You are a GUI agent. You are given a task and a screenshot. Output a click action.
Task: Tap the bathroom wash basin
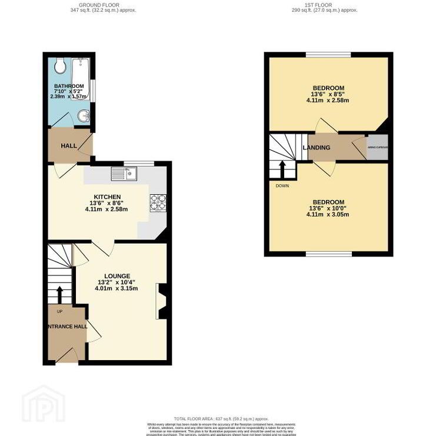pyautogui.click(x=84, y=115)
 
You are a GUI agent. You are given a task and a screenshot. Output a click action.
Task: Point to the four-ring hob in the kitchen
pyautogui.click(x=157, y=202)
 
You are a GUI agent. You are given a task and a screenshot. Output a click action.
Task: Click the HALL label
pyautogui.click(x=68, y=145)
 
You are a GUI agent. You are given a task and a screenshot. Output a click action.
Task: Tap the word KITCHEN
pyautogui.click(x=106, y=197)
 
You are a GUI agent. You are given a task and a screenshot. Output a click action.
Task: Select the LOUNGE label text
pyautogui.click(x=117, y=275)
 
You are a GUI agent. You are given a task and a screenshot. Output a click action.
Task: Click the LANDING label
pyautogui.click(x=317, y=147)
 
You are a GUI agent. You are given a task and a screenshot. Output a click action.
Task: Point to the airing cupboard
pyautogui.click(x=377, y=147)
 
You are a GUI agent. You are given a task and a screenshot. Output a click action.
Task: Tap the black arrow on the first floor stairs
pyautogui.click(x=282, y=168)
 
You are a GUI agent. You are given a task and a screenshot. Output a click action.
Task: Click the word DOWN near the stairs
pyautogui.click(x=282, y=185)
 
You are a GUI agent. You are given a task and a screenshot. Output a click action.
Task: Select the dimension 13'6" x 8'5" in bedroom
pyautogui.click(x=328, y=94)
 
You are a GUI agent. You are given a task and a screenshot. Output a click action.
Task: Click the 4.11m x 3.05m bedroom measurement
pyautogui.click(x=328, y=214)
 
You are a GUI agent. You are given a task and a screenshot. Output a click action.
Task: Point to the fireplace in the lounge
pyautogui.click(x=161, y=301)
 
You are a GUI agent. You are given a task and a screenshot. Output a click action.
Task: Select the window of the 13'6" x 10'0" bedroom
pyautogui.click(x=328, y=254)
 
